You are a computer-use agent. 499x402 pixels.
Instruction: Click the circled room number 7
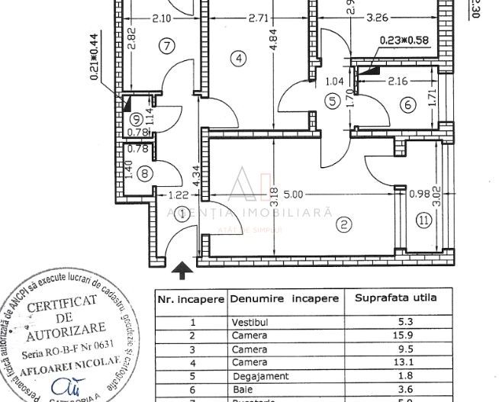point(166,45)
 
